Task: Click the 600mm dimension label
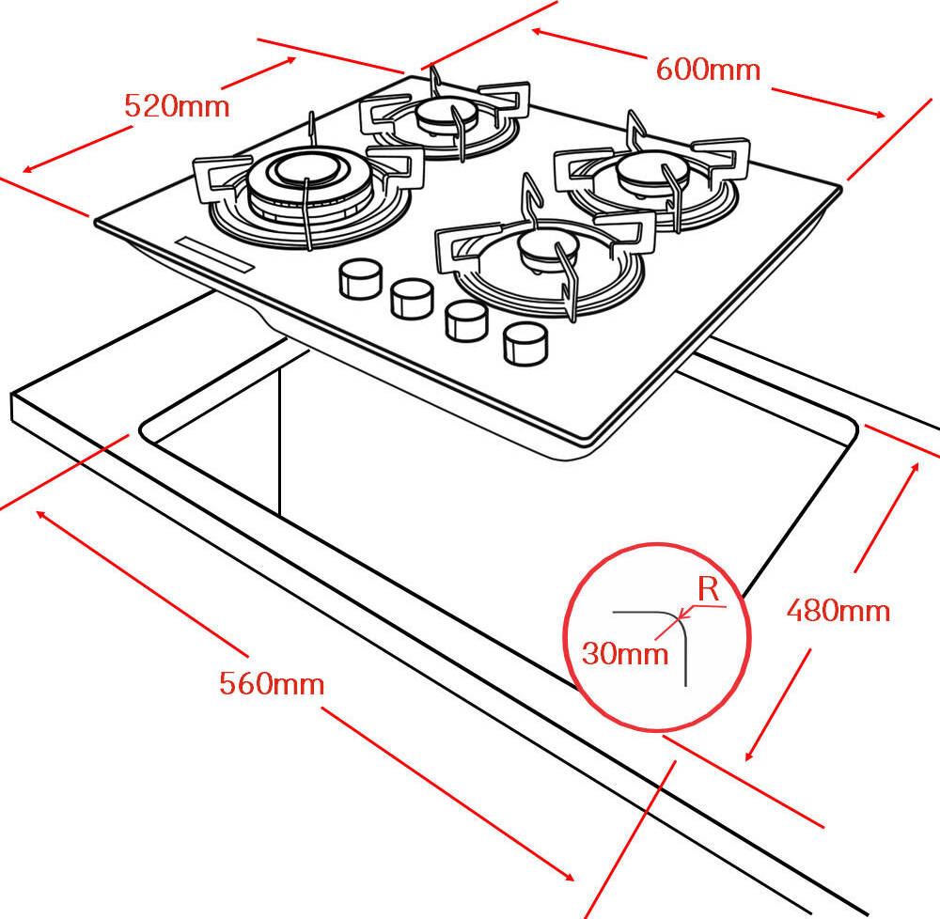coord(707,70)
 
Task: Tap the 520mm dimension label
coord(177,106)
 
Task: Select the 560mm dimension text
coord(272,683)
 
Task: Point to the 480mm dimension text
coord(838,611)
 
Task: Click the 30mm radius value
coord(624,652)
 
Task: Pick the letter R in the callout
coord(709,590)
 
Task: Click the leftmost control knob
coord(357,278)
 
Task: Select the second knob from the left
coord(409,298)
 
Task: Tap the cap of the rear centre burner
coord(439,115)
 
